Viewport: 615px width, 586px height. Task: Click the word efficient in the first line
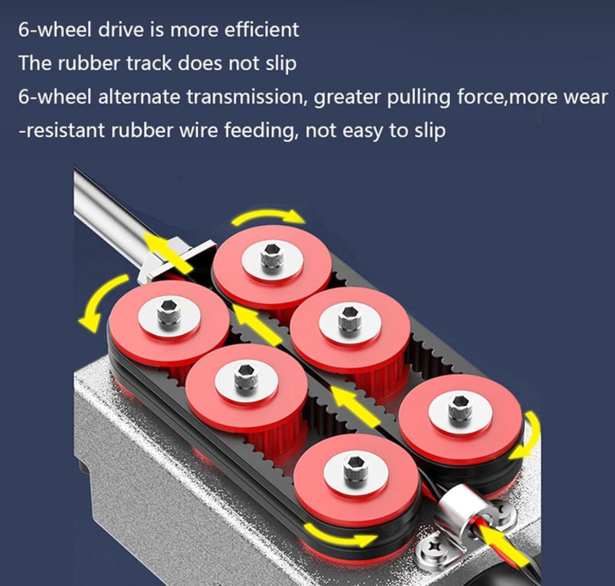click(261, 30)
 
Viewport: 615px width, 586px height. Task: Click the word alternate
click(138, 97)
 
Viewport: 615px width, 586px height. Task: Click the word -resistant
click(62, 130)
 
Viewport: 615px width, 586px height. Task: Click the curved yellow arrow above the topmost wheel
click(268, 216)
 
